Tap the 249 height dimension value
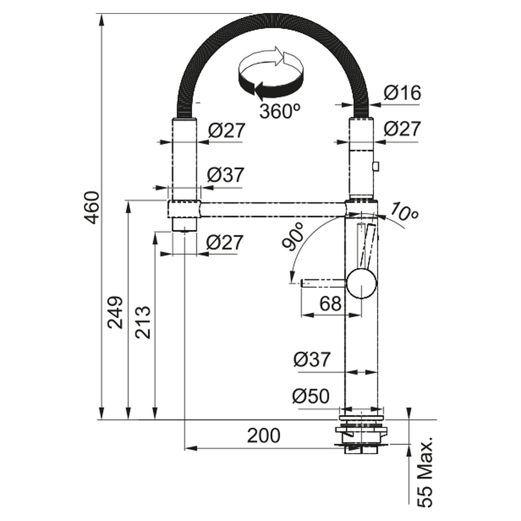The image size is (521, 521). click(115, 312)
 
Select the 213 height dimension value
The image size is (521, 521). click(143, 322)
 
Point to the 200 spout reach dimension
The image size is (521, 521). click(264, 436)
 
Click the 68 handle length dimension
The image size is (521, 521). click(330, 303)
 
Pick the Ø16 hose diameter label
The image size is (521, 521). click(402, 93)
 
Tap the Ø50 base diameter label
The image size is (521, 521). click(311, 396)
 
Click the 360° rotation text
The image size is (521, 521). click(280, 111)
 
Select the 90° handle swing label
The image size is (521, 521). click(294, 237)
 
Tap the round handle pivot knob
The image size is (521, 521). click(362, 284)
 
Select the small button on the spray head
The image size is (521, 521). click(376, 166)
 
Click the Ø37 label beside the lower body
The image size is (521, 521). click(312, 359)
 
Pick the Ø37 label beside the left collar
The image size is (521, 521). click(226, 175)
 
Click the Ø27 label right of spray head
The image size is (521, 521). click(402, 129)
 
